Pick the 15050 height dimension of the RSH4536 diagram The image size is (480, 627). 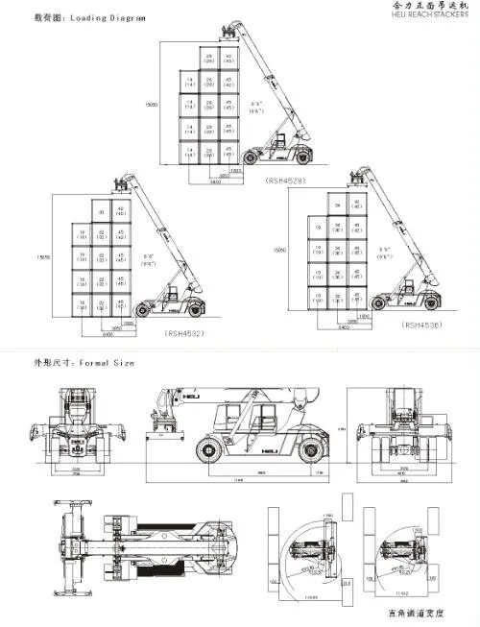pos(281,248)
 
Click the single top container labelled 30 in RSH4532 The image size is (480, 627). pos(99,213)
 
